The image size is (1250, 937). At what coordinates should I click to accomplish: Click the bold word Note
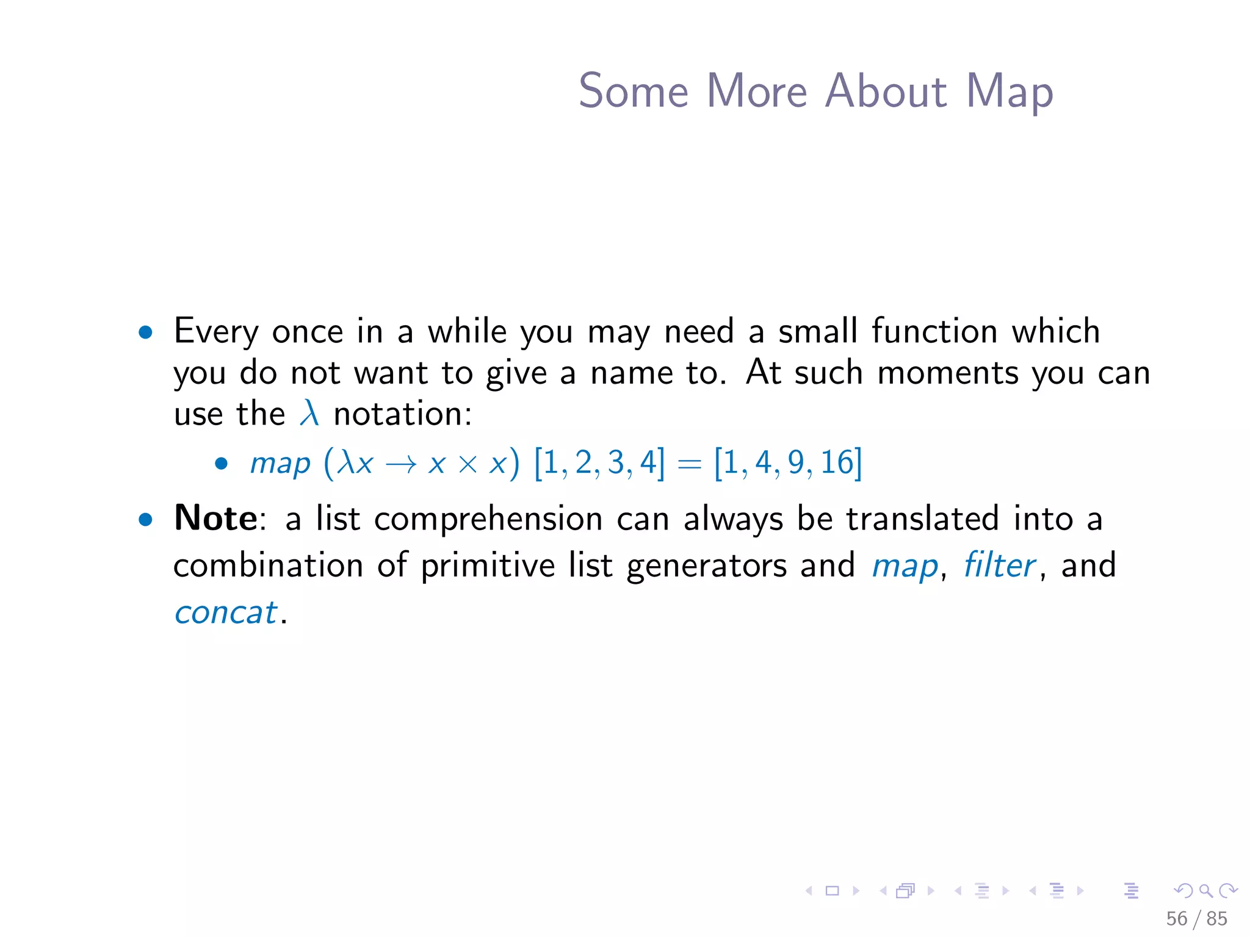215,519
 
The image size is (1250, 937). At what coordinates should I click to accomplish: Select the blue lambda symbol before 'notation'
309,413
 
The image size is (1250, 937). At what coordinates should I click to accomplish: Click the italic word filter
999,565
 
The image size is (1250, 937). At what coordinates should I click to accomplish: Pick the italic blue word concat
226,612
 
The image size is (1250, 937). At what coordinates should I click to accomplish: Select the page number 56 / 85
1196,919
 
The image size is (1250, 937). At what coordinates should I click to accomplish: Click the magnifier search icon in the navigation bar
1205,891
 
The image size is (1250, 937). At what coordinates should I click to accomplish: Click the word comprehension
488,520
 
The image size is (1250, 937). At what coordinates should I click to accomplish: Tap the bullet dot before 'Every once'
145,332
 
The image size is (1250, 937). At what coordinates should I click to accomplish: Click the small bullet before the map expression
222,464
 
